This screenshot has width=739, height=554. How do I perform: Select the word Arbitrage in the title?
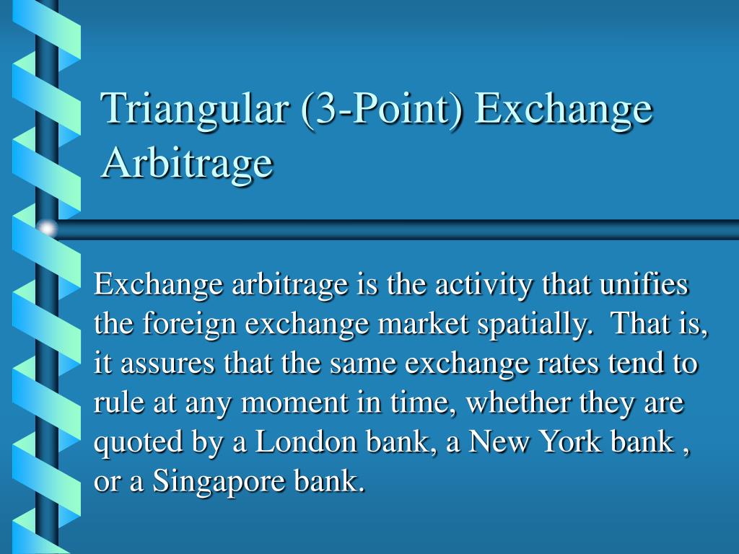188,162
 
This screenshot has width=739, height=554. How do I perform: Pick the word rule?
113,403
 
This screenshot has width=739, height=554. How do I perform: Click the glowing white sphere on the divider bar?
48,229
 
